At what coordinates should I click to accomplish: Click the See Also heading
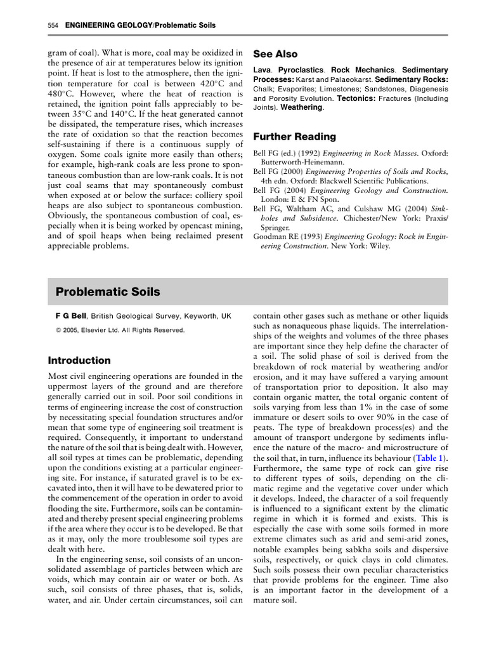275,54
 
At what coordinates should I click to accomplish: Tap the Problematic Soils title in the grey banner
108,292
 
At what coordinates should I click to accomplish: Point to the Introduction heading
79,360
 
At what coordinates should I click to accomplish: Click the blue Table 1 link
429,458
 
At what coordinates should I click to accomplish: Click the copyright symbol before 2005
58,330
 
